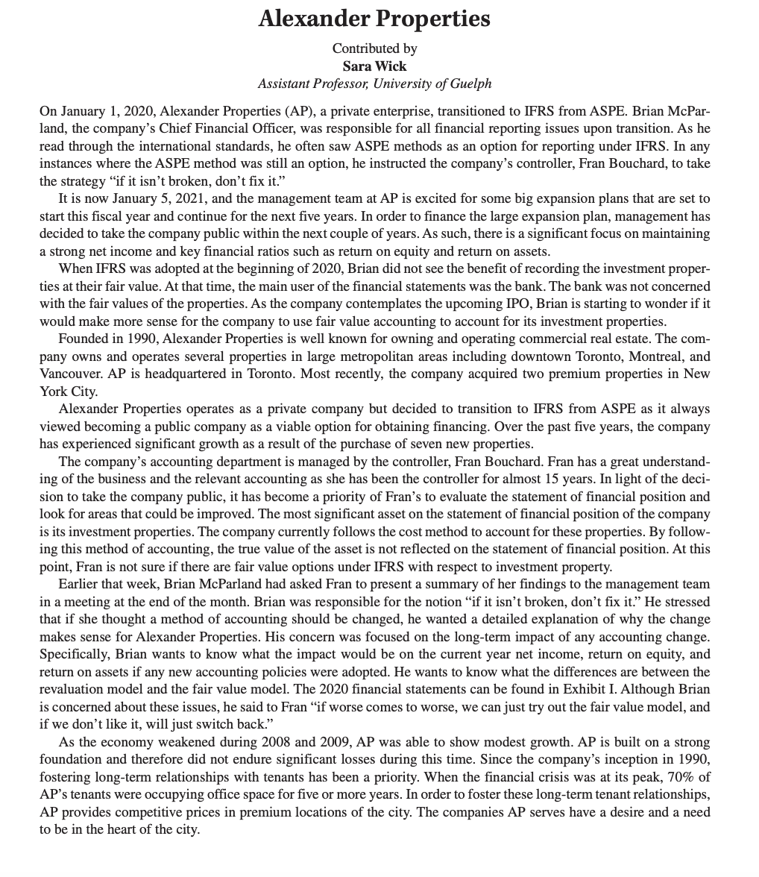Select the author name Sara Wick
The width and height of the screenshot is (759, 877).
coord(374,66)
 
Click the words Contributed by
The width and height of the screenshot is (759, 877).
coord(374,48)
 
